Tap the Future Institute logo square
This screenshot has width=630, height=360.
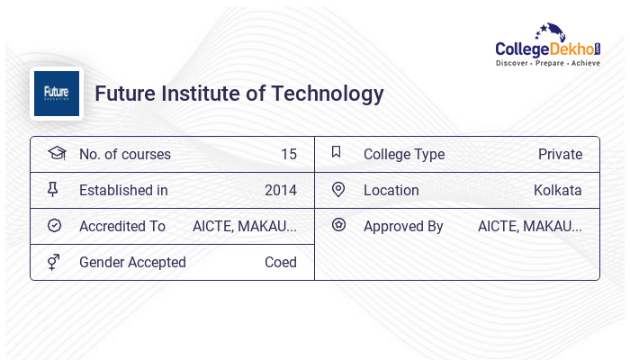57,94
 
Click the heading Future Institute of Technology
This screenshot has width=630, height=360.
239,94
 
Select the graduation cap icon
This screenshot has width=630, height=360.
56,154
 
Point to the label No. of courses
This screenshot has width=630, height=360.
124,155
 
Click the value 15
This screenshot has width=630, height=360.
288,155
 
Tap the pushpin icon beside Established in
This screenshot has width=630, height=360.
54,190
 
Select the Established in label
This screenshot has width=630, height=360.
123,191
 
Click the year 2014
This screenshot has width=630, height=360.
280,191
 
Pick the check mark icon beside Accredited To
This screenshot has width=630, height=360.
54,226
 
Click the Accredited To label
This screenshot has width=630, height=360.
122,227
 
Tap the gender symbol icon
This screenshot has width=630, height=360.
54,262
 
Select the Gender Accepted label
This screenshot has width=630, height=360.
132,263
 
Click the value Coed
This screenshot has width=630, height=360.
280,263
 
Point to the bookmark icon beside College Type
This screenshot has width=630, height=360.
337,153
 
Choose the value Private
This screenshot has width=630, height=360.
560,155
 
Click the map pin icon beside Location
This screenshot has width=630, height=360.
338,190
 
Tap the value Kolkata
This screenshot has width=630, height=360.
557,191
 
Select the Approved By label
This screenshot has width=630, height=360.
403,227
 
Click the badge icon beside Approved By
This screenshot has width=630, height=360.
338,226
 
